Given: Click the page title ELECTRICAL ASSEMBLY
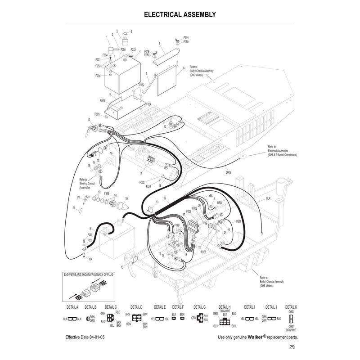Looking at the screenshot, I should click(x=180, y=14).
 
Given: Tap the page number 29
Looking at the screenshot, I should click(x=292, y=346).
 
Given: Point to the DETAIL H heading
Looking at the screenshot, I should click(x=225, y=307).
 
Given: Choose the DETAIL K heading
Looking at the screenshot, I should click(x=291, y=307).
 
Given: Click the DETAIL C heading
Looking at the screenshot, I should click(x=111, y=307).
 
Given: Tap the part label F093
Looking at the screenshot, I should click(x=102, y=100).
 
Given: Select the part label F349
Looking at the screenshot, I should click(x=107, y=193).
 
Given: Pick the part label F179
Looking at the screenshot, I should click(x=176, y=225).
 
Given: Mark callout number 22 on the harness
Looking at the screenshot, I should click(x=165, y=198).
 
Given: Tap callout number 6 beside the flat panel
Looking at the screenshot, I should click(x=184, y=68).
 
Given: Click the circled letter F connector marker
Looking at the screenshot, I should click(x=166, y=167).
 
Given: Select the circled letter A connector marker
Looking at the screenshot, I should click(x=176, y=127).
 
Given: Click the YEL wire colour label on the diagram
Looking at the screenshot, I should click(x=211, y=195).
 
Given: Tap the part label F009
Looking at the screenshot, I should click(x=97, y=114).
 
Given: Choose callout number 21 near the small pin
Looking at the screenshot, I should click(x=74, y=207).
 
